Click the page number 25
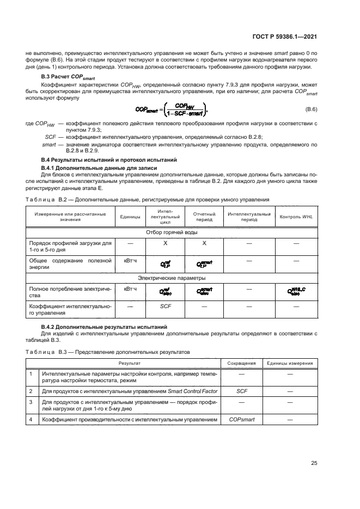314,463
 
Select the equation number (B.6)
311,109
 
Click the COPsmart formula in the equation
173,109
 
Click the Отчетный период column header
204,217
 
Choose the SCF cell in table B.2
166,307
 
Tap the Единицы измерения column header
289,363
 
